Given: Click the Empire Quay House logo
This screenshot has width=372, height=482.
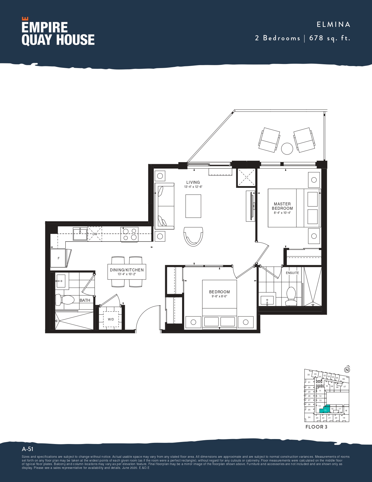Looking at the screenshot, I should tap(58, 32).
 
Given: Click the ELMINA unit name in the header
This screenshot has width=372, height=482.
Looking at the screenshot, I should tap(333, 25).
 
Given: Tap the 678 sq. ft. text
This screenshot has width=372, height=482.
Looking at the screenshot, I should tap(329, 38).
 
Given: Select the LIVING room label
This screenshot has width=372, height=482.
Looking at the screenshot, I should tap(193, 182).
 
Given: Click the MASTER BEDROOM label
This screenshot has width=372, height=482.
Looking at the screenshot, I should tap(282, 206).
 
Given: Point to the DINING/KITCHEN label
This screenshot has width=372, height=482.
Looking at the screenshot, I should tap(127, 270).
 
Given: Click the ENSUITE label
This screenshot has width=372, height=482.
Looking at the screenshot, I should tap(292, 273).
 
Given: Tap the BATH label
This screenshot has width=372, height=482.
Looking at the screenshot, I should tap(85, 300).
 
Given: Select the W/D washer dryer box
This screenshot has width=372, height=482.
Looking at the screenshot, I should tap(111, 319).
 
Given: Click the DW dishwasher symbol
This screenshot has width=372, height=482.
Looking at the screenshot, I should tap(95, 234).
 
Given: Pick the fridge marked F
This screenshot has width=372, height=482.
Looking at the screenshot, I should tap(59, 258).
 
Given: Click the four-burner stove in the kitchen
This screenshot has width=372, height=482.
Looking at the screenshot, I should tap(130, 234).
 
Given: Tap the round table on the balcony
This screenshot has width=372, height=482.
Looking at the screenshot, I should tap(287, 149).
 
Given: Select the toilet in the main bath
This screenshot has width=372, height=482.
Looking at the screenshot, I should tap(65, 299).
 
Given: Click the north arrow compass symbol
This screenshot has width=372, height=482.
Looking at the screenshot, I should tap(347, 370).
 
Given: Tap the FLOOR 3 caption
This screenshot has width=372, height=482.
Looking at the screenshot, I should tap(316, 427).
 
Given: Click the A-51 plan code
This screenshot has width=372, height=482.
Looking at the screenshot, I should tap(27, 449).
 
